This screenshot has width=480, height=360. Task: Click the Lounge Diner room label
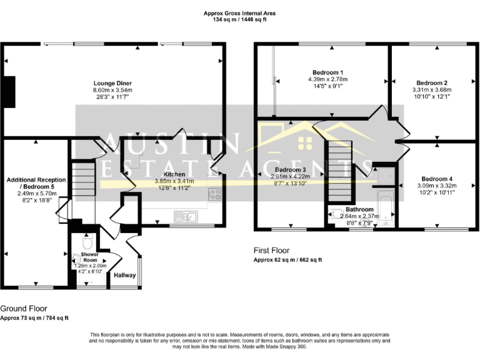click(112, 83)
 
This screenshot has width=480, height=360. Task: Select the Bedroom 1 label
click(327, 72)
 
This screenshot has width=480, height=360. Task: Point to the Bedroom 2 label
click(432, 82)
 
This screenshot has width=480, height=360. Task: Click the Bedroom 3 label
click(290, 169)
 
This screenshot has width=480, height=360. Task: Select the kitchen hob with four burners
click(215, 194)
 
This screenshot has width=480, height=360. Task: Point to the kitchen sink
click(186, 217)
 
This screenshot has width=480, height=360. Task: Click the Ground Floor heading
click(23, 308)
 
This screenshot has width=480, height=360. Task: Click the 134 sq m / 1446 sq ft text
click(239, 20)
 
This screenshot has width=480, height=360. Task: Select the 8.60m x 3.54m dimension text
click(112, 91)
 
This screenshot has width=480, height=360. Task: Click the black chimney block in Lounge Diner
click(9, 92)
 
